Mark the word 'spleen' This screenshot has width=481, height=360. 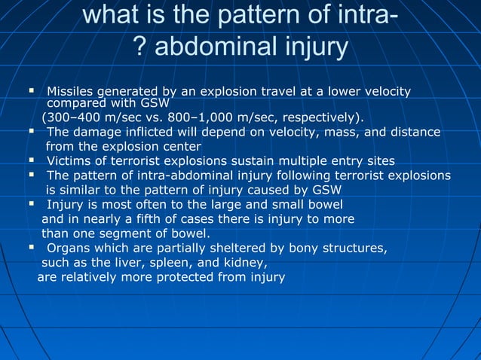167,262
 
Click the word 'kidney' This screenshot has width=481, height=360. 244,262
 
